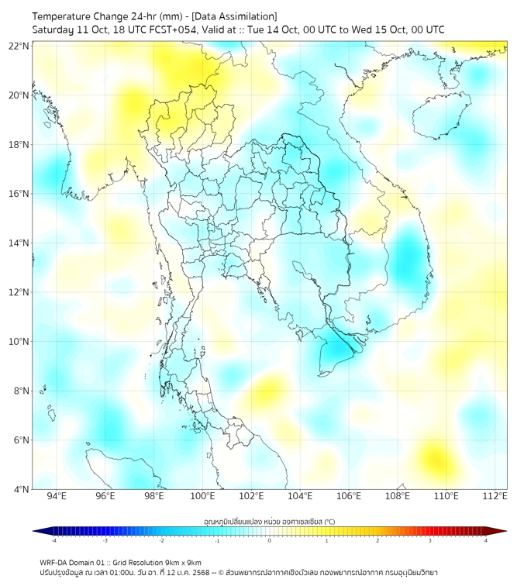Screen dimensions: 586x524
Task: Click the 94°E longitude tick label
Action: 57,496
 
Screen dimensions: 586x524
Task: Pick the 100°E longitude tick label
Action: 203,496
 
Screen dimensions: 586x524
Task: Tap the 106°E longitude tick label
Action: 349,496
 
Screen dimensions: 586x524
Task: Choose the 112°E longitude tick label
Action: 495,496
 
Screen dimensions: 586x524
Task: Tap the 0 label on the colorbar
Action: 269,540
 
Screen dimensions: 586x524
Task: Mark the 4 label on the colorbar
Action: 485,540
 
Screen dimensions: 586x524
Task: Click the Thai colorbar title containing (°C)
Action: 270,522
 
